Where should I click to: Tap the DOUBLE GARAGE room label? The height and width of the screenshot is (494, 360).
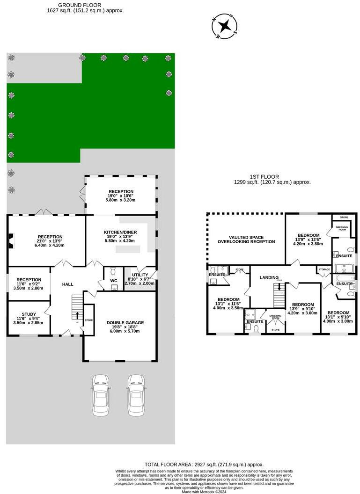point(125,322)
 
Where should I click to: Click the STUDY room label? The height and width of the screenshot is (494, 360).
point(29,314)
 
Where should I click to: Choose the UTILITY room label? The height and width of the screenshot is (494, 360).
point(140,275)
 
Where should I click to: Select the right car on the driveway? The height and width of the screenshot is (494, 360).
point(136,394)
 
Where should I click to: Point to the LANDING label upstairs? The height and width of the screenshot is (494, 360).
point(269,277)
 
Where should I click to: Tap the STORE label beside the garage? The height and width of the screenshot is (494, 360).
point(88,320)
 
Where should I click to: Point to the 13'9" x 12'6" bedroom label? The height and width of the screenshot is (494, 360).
point(308,239)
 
